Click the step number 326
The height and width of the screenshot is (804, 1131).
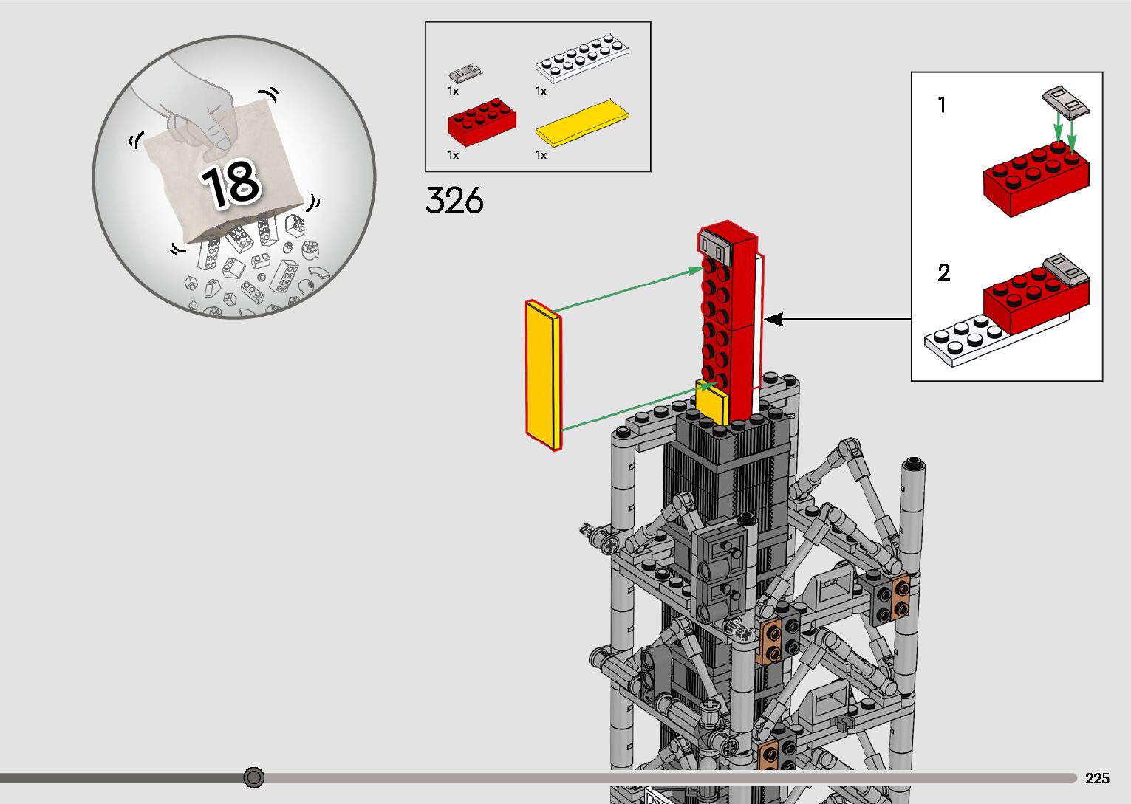tap(454, 200)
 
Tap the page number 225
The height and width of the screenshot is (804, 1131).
tap(1097, 778)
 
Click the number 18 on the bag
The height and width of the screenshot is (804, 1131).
tap(231, 184)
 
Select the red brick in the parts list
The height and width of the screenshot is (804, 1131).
tap(482, 122)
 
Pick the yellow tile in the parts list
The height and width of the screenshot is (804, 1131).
tap(581, 123)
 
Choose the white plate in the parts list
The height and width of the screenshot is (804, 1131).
tap(581, 58)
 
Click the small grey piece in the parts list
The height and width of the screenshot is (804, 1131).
tap(465, 74)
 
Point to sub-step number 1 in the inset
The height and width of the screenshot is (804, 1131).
tap(942, 105)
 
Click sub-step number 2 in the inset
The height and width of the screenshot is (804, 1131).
tap(943, 272)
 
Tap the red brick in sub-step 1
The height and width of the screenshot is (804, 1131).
tap(1035, 179)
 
